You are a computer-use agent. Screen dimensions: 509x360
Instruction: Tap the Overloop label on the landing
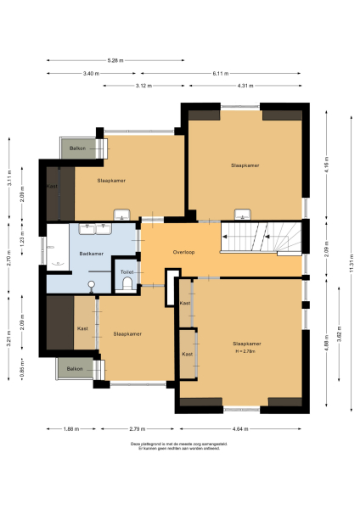[x=183, y=253]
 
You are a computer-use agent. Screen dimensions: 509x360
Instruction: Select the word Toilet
[x=127, y=272]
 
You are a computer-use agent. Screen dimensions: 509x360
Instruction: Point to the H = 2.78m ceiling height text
[x=246, y=350]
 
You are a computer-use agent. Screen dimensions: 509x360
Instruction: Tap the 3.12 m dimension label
[x=143, y=86]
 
